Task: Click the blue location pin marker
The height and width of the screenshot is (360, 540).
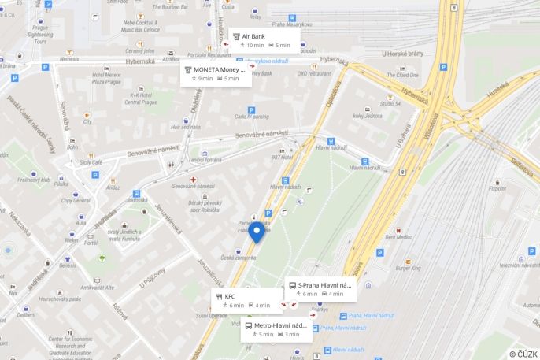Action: click(257, 232)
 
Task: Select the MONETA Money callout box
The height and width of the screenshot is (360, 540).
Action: click(216, 74)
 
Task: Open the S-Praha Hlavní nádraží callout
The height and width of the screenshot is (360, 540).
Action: click(322, 289)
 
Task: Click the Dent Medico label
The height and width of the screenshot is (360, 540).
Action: click(398, 237)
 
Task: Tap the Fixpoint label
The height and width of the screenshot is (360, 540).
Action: click(497, 188)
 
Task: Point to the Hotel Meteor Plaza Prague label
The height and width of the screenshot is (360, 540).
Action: click(106, 78)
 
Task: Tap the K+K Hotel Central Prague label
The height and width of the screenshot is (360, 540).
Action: click(141, 98)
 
